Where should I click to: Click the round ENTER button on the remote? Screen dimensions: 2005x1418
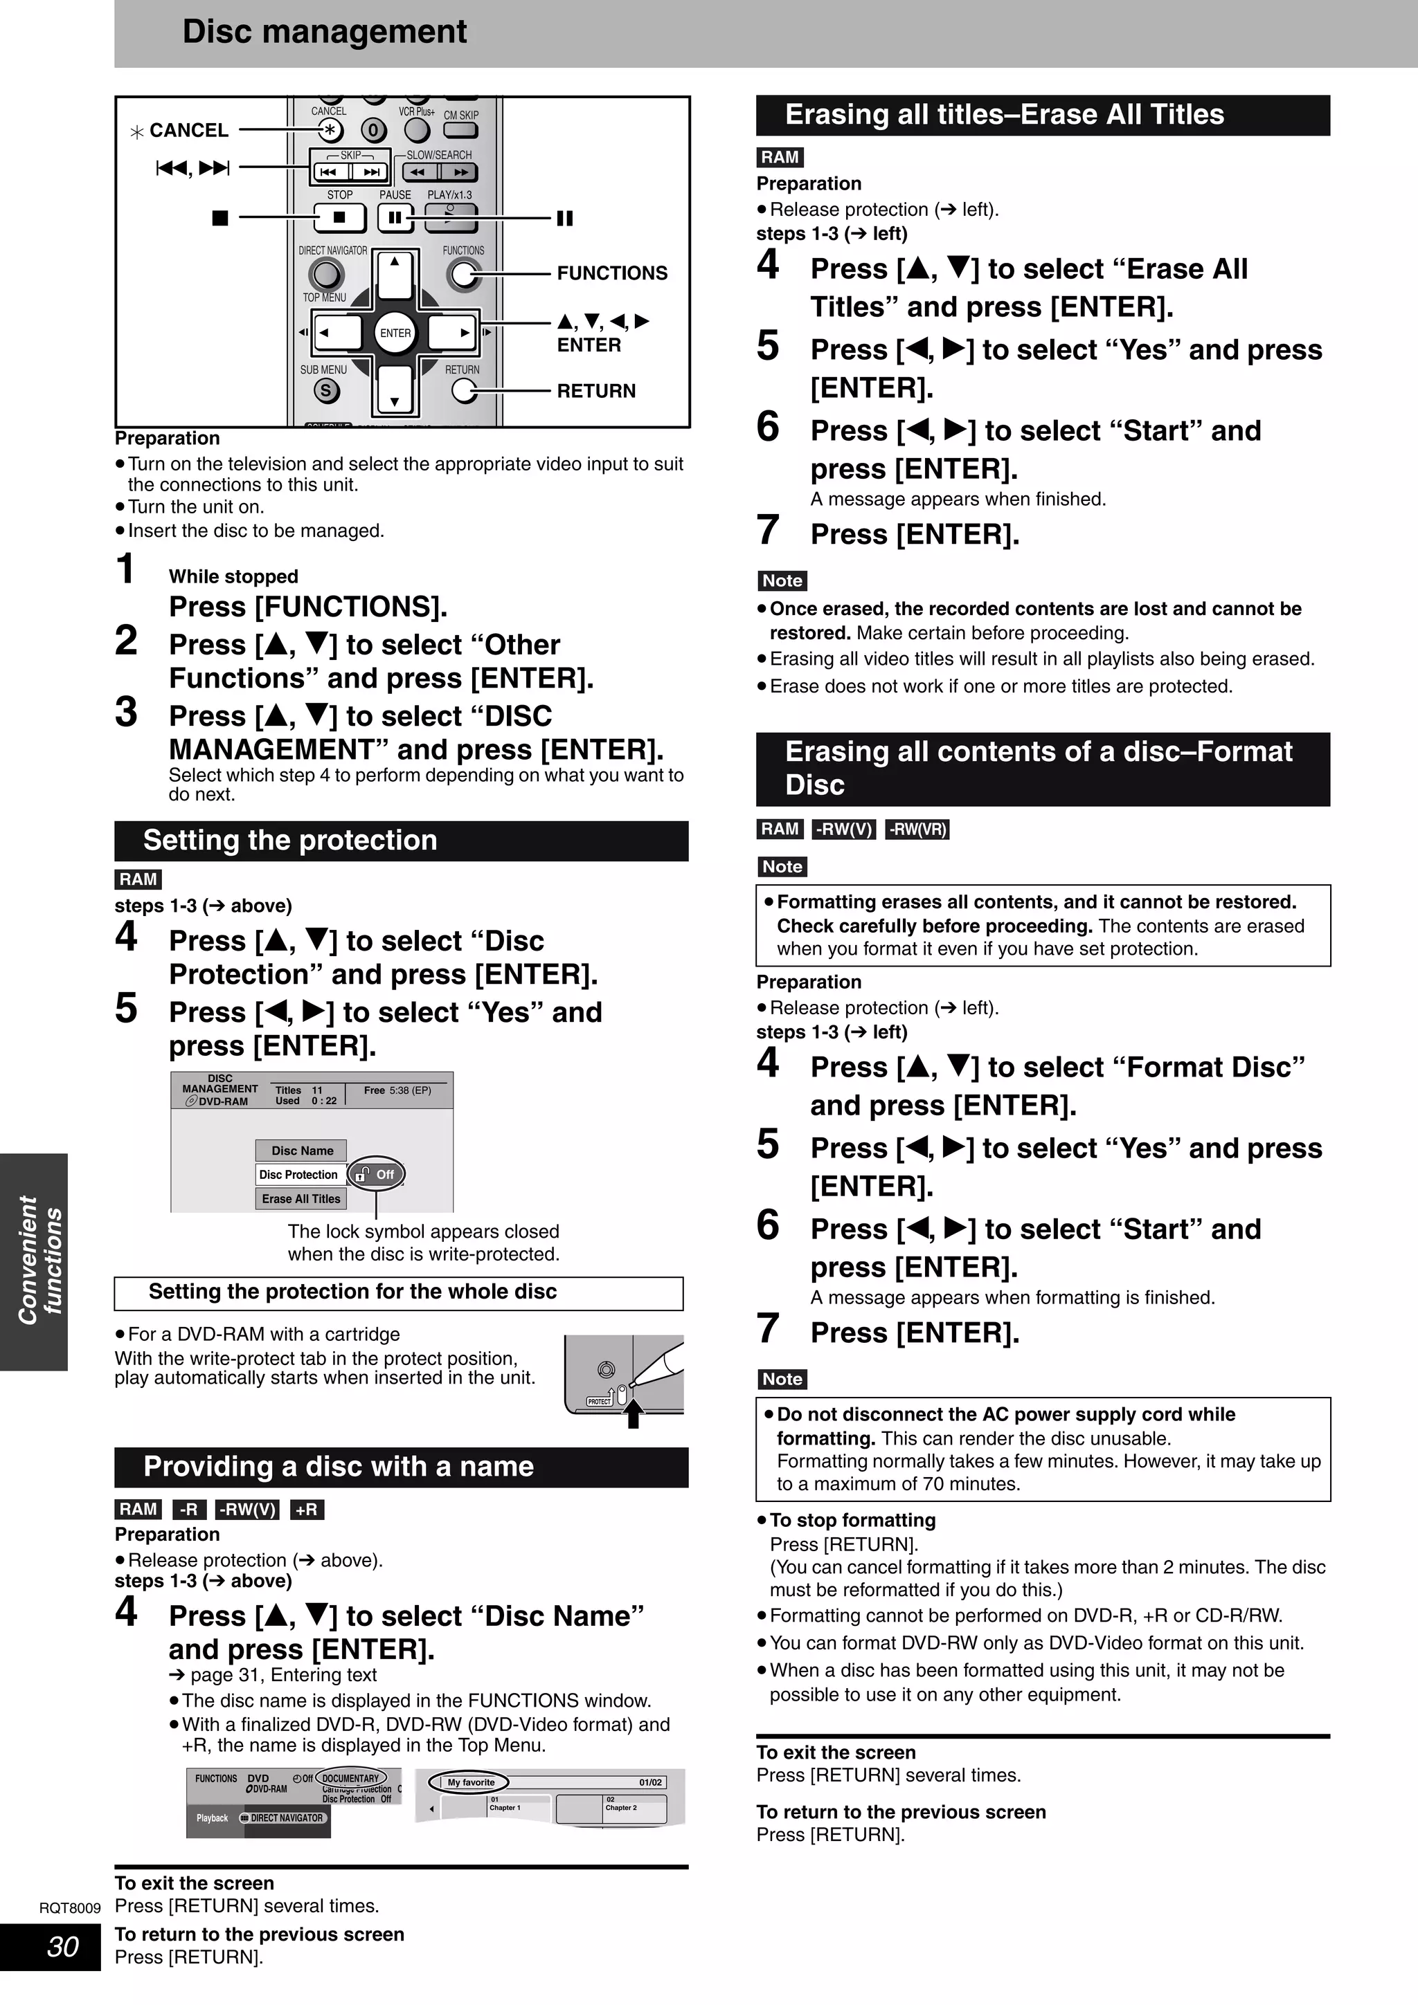coord(395,333)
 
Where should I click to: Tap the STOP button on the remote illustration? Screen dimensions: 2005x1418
coord(339,217)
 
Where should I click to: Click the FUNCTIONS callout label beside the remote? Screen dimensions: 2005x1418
coord(611,273)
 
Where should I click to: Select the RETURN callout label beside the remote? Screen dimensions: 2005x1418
coord(596,391)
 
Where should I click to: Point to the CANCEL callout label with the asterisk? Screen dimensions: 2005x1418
coord(179,131)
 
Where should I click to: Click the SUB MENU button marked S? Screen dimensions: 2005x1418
coord(326,390)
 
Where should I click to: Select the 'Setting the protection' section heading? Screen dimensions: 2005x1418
coord(289,840)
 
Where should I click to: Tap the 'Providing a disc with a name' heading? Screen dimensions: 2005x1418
coord(338,1466)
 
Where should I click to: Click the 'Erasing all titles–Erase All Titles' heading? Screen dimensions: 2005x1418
coord(1004,114)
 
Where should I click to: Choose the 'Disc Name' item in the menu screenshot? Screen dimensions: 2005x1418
coord(301,1150)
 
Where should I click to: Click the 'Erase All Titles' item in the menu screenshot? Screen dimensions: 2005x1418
coord(301,1198)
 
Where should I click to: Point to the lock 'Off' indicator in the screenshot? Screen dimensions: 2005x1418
coord(377,1175)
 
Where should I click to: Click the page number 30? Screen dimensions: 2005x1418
coord(62,1946)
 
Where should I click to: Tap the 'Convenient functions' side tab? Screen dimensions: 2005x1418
coord(39,1260)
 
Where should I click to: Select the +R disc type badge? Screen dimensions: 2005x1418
coord(307,1509)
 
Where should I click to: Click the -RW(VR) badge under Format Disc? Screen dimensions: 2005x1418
coord(917,829)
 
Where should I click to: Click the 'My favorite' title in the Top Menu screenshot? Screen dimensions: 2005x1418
coord(471,1782)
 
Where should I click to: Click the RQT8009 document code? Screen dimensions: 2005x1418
coord(70,1908)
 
